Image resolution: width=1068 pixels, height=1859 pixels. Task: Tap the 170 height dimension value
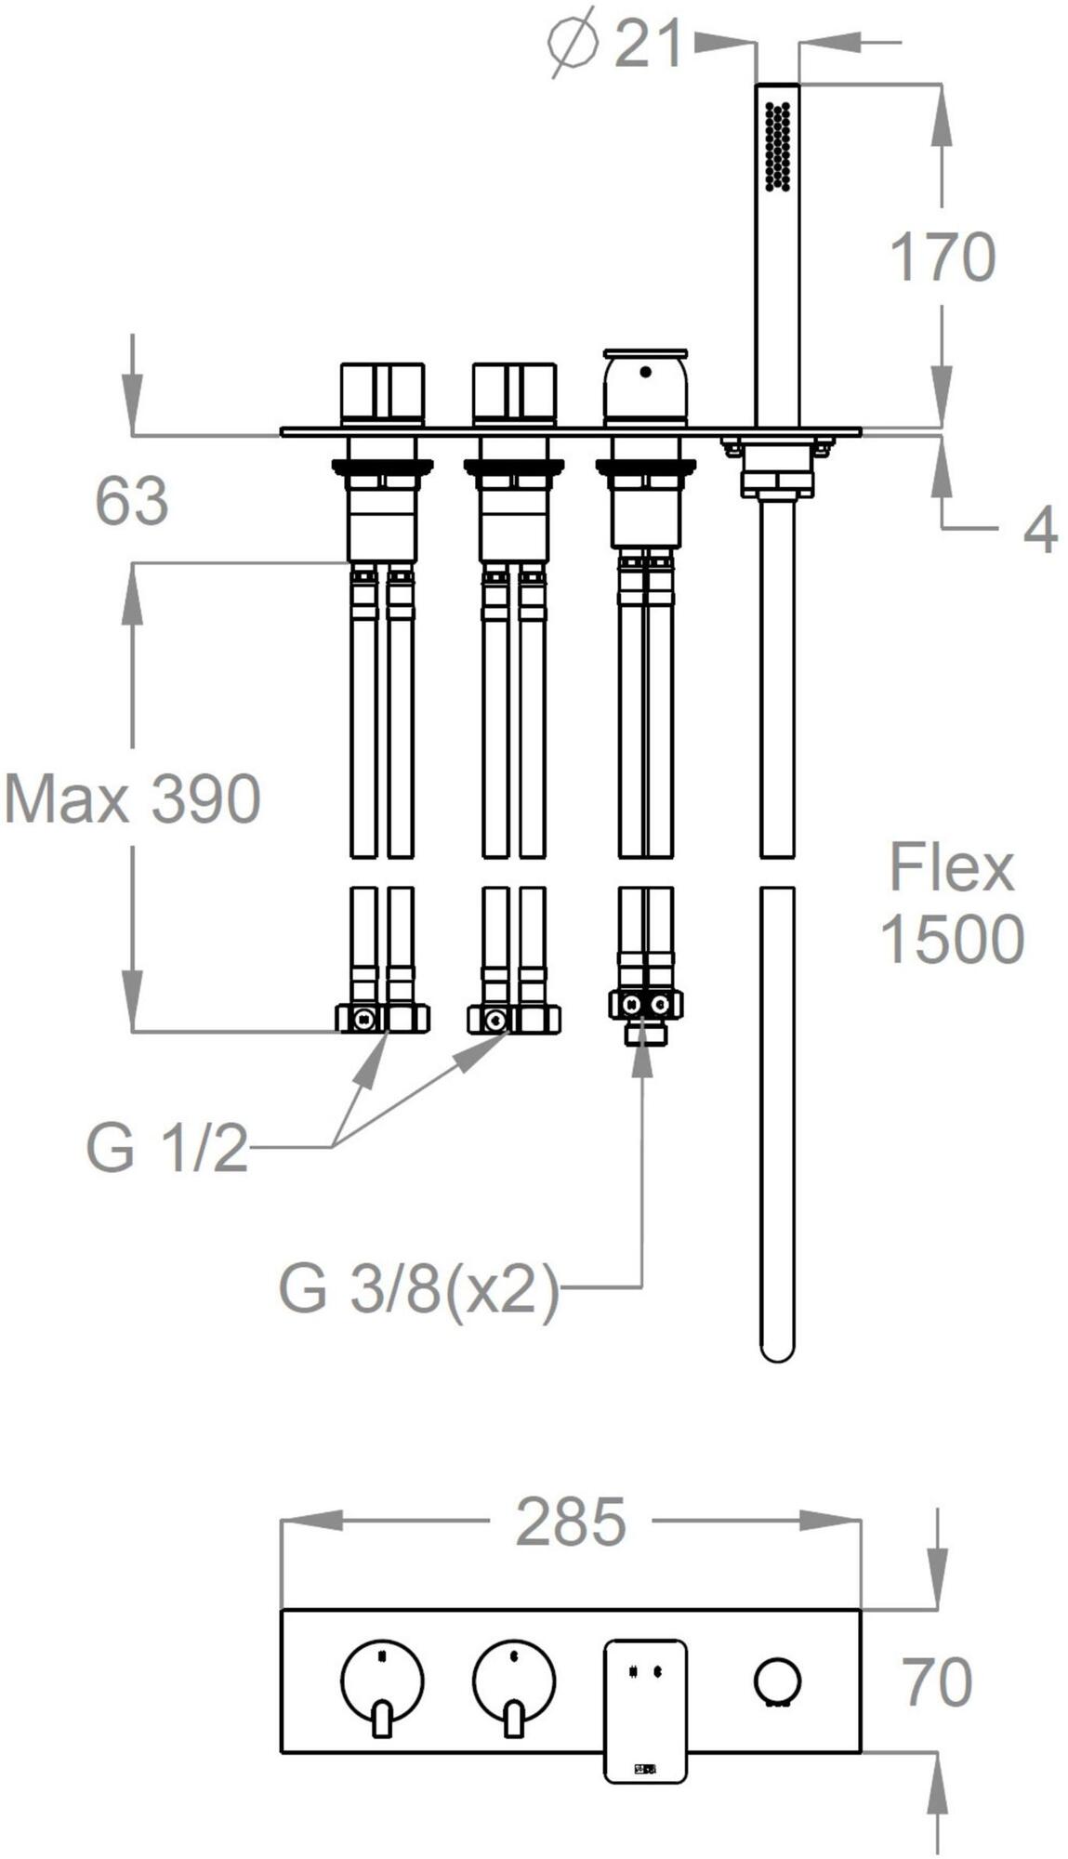coord(942,257)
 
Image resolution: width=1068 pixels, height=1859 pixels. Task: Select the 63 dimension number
coord(131,501)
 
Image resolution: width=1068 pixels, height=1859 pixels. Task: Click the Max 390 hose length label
coord(132,798)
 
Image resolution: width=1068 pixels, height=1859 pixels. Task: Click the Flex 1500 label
coord(951,903)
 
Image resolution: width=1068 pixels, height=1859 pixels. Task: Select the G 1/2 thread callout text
coord(167,1148)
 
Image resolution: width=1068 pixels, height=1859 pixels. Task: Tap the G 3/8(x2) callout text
coord(419,1289)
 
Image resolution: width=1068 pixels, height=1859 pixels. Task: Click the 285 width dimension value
coord(571,1522)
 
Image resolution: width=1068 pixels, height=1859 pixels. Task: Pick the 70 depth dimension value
coord(938,1681)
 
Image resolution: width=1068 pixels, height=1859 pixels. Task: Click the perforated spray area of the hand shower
coord(777,146)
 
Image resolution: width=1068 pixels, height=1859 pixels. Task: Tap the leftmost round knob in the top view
coord(382,1681)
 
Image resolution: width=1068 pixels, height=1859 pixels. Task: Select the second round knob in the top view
coord(514,1681)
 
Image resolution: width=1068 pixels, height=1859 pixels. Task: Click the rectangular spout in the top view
coord(645,1711)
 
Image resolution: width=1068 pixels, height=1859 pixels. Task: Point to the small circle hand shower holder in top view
coord(777,1681)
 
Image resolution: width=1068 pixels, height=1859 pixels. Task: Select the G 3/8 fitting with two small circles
coord(645,1005)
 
